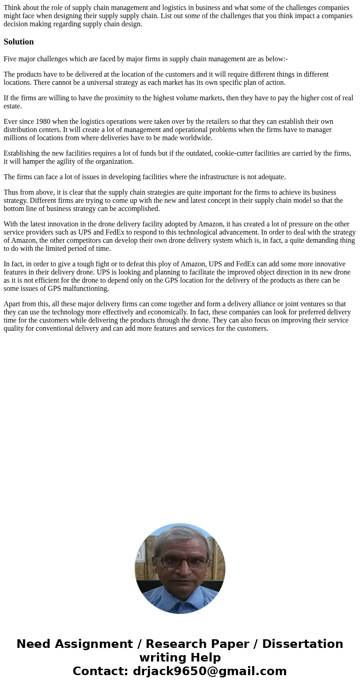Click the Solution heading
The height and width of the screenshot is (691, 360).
19,42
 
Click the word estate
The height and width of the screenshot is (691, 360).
13,106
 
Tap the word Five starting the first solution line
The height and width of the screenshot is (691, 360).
11,59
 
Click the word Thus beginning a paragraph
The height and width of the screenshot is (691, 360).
11,192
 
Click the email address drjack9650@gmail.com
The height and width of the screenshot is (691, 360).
209,671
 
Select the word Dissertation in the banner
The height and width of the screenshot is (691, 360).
302,644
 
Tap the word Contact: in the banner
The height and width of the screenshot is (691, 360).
101,671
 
